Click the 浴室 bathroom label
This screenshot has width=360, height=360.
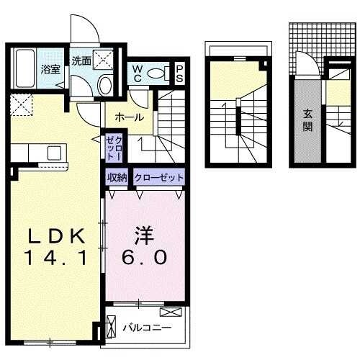click(49, 70)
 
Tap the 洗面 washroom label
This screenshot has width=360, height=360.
click(81, 61)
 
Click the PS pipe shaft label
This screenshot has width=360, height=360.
click(179, 73)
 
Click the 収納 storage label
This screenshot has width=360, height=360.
click(117, 177)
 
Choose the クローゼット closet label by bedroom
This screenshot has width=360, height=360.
click(158, 177)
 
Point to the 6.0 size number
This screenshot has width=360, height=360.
click(147, 257)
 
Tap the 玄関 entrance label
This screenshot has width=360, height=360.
click(307, 122)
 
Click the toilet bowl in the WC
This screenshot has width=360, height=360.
click(165, 72)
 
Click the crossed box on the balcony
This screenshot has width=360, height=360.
click(171, 312)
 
